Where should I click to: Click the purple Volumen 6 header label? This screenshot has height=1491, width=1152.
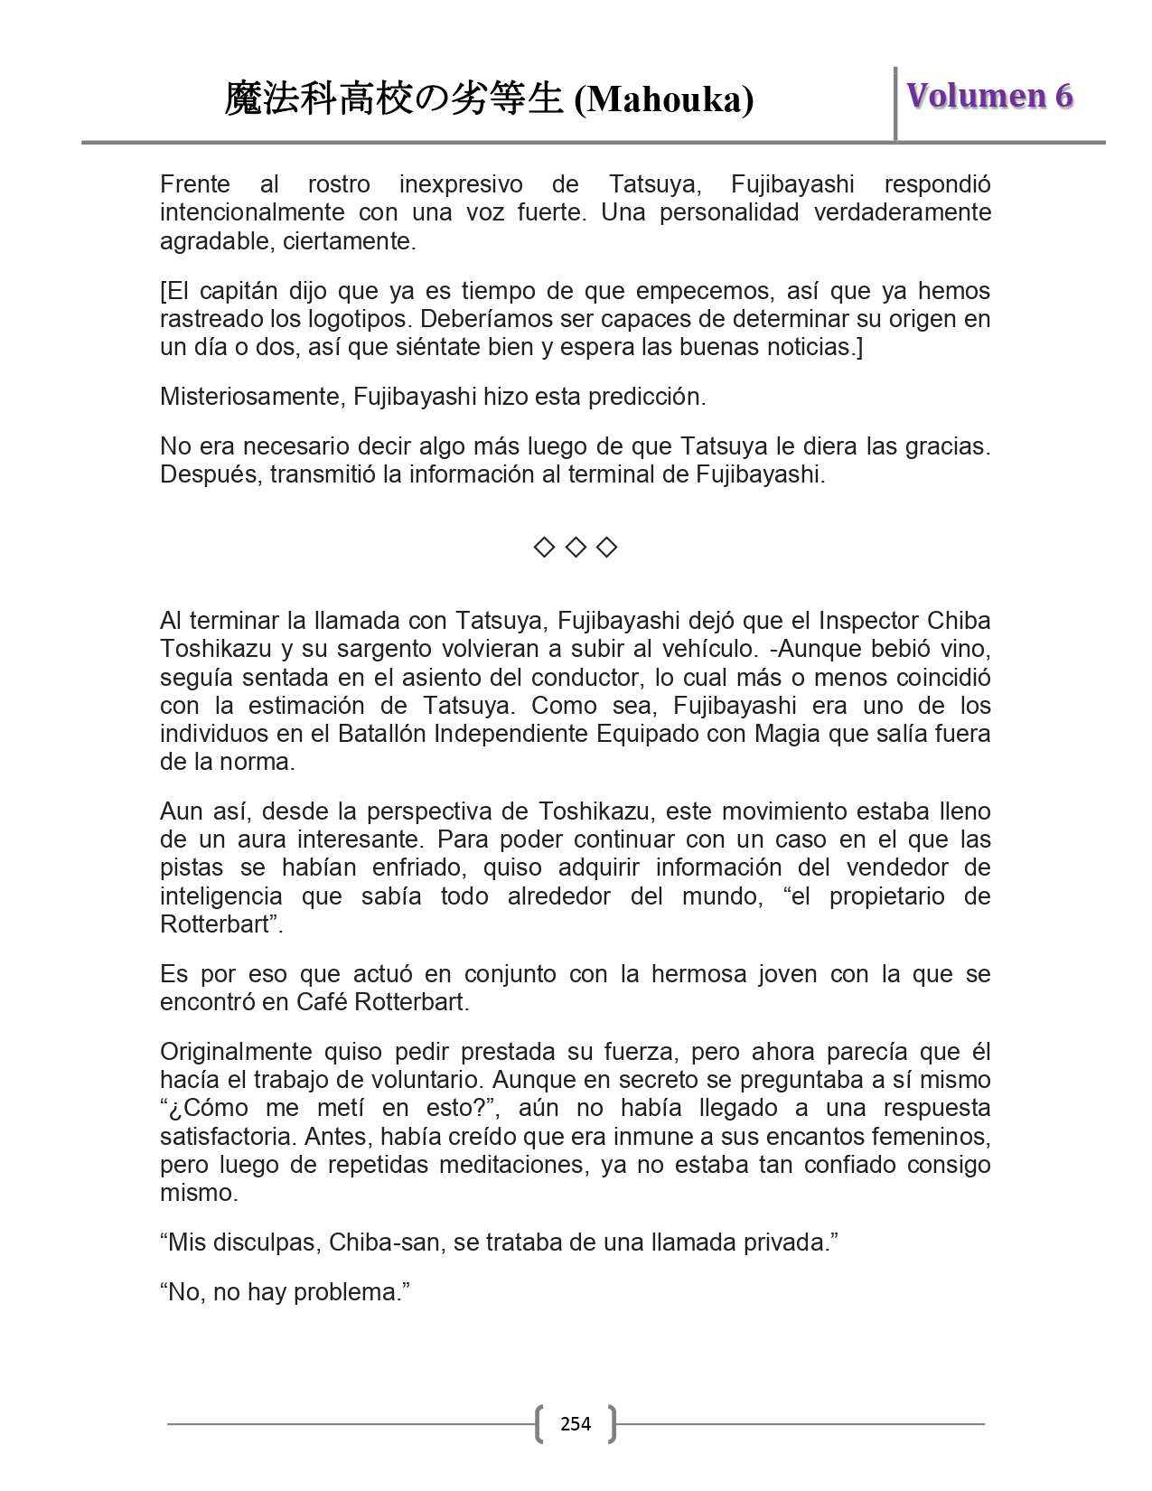pos(989,96)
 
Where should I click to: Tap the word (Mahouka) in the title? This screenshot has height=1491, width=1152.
pos(664,99)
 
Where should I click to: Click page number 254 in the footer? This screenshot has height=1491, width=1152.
pos(576,1424)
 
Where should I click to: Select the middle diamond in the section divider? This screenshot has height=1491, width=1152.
pos(576,548)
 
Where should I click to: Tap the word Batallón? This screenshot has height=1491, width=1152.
pos(381,734)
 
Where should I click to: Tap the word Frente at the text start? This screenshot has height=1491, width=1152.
pos(195,184)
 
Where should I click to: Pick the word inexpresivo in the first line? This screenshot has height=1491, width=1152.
pos(461,184)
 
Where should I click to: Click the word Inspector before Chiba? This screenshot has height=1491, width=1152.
pos(869,621)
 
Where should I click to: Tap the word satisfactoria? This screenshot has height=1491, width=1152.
pos(229,1136)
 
